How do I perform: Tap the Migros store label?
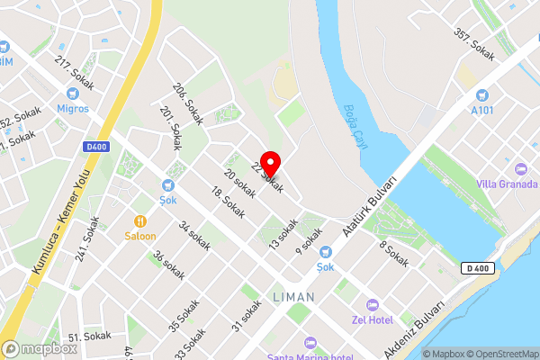pyautogui.click(x=73, y=108)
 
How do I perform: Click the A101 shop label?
pyautogui.click(x=482, y=110)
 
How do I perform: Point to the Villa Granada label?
pyautogui.click(x=508, y=184)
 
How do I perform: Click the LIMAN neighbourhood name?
pyautogui.click(x=292, y=296)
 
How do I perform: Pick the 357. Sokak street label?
pyautogui.click(x=474, y=44)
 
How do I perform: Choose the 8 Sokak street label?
pyautogui.click(x=393, y=255)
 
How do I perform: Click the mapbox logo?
pyautogui.click(x=39, y=348)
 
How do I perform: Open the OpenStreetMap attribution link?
pyautogui.click(x=501, y=354)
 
